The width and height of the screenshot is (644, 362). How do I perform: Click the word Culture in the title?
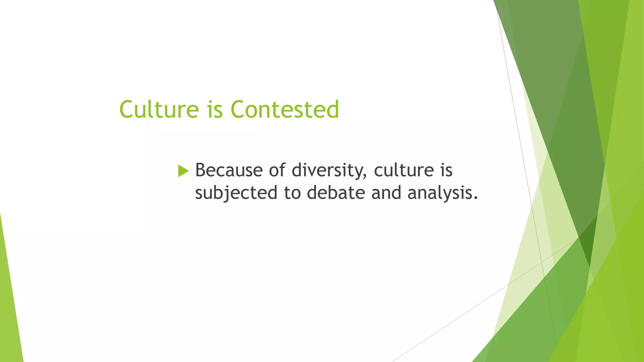point(159,109)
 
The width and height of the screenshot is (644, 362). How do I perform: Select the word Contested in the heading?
point(285,109)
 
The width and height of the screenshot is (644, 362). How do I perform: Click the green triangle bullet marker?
point(183,171)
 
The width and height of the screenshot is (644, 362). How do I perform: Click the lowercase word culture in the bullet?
point(404,170)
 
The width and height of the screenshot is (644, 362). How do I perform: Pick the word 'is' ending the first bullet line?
point(446,170)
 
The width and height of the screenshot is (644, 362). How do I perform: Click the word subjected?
point(236,193)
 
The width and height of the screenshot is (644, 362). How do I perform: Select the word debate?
point(336,193)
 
